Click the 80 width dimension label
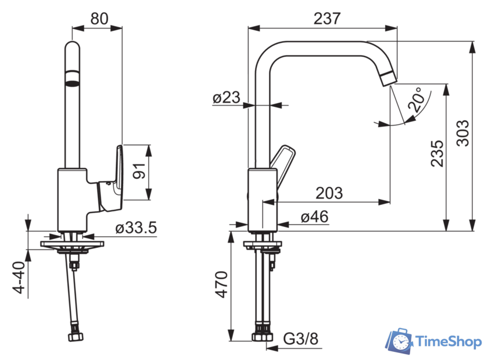[99, 19]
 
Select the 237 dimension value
[327, 19]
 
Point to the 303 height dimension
[462, 133]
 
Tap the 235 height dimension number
[437, 153]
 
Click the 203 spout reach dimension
[329, 193]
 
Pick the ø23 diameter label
[226, 98]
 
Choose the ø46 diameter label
[315, 217]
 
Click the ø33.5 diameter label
[136, 228]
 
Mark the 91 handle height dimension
[139, 171]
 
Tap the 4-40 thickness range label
[19, 277]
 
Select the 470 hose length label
[222, 284]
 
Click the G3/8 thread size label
[301, 338]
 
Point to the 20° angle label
[417, 99]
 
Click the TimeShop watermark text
[448, 342]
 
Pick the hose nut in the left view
[76, 337]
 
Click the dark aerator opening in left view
[72, 83]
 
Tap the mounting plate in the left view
[72, 244]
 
